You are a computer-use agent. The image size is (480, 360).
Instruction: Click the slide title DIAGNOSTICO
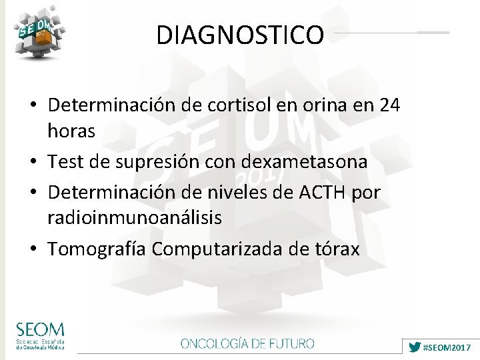(240, 35)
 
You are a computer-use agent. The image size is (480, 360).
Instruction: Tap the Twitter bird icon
(414, 347)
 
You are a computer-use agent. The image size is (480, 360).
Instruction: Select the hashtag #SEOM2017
(447, 348)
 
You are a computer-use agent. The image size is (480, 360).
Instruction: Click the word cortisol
(237, 105)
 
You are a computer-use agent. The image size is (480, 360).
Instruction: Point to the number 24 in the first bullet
(389, 105)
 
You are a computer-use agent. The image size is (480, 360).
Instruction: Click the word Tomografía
(97, 249)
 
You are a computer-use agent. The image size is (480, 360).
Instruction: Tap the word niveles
(233, 193)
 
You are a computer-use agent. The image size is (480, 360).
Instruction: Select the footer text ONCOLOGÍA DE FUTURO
(247, 344)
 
